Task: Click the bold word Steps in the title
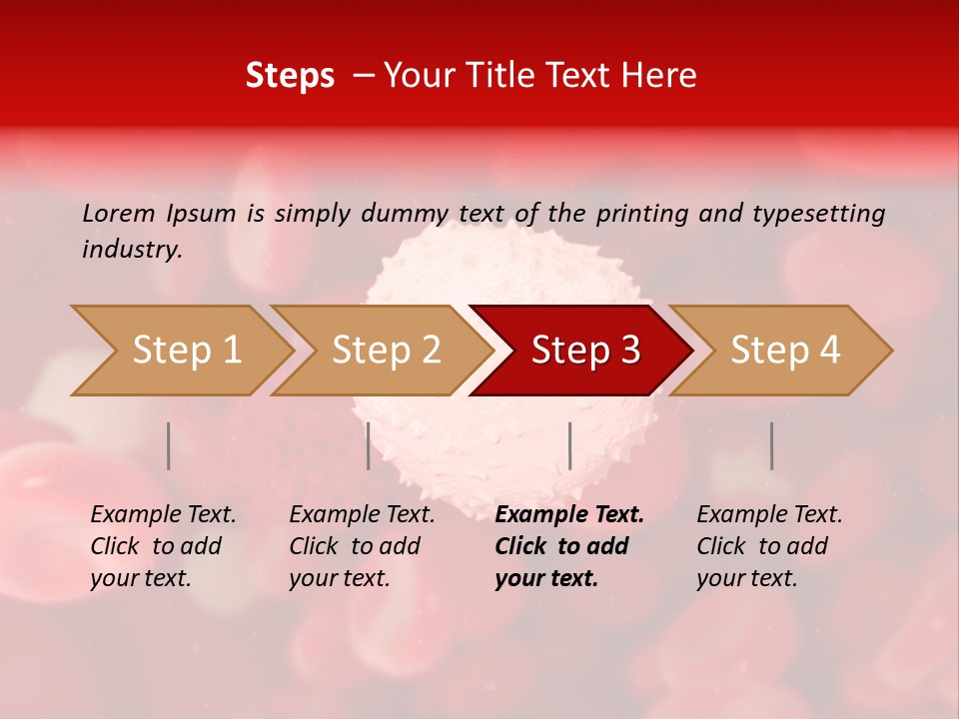[290, 76]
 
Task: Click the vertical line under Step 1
[169, 445]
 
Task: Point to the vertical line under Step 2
[369, 445]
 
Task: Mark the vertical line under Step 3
[569, 445]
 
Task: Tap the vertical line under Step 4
[771, 445]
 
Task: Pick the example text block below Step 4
[769, 546]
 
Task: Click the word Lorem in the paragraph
[119, 213]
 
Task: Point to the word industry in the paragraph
[131, 250]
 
